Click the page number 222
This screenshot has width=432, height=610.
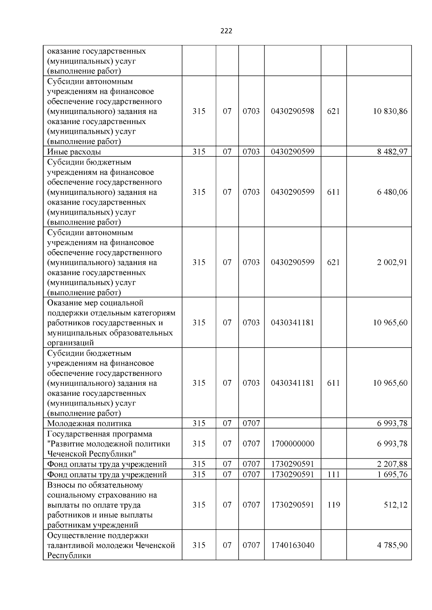(226, 31)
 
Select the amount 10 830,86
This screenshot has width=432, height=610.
(390, 111)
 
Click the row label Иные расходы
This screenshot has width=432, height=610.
(74, 152)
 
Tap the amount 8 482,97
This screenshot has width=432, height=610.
(392, 152)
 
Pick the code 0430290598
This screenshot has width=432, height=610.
(292, 111)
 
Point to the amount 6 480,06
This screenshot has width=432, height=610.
(392, 192)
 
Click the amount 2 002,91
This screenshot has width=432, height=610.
(392, 262)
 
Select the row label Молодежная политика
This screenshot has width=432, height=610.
(89, 423)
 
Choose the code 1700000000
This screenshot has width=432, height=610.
(292, 444)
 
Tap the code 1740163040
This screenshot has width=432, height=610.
(292, 545)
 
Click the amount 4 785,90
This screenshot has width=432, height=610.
(392, 545)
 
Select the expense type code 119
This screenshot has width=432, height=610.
(333, 505)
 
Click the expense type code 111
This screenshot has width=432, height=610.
(333, 474)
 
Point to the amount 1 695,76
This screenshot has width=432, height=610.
(392, 474)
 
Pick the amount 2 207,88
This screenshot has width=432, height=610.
(392, 464)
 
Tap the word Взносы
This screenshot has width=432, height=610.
(59, 485)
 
